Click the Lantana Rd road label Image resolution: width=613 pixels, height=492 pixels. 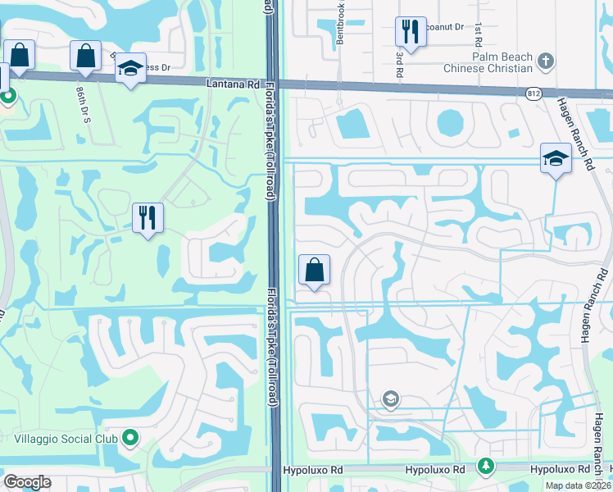(237, 84)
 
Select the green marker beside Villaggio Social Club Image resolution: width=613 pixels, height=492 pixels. (129, 439)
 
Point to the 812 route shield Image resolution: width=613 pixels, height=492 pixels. (533, 93)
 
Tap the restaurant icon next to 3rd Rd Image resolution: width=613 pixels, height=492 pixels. (409, 33)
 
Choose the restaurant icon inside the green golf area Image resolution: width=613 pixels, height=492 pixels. (148, 218)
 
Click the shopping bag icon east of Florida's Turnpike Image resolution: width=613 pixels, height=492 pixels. (314, 270)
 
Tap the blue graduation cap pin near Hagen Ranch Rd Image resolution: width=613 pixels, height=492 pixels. (556, 158)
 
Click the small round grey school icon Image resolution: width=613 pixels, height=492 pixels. (391, 399)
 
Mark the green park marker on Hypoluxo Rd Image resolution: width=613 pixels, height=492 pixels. (485, 466)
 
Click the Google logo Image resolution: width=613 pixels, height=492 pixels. (28, 482)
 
